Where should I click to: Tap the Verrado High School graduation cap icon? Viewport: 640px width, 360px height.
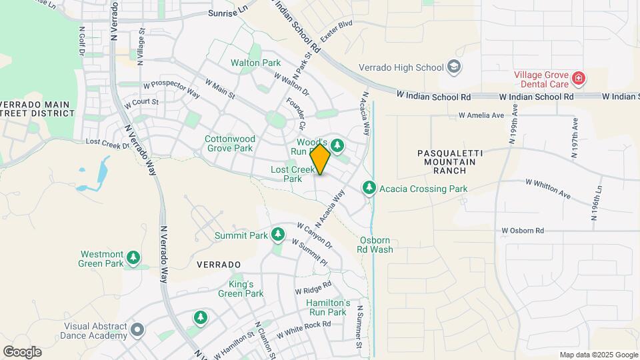[x=454, y=67]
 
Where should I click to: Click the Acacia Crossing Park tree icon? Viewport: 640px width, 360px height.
[x=369, y=189]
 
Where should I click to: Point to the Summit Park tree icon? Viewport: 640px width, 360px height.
[x=278, y=235]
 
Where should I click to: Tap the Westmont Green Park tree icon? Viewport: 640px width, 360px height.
[x=134, y=258]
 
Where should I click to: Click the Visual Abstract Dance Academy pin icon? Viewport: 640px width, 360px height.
[x=137, y=330]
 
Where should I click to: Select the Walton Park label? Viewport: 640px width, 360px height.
[x=255, y=63]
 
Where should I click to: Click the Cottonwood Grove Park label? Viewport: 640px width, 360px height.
[x=229, y=143]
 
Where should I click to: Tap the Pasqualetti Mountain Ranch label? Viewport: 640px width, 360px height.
[x=451, y=162]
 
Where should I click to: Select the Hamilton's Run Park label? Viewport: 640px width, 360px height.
[x=327, y=307]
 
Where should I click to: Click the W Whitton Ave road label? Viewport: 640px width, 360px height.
[x=548, y=188]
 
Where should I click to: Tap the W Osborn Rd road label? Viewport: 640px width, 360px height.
[x=523, y=231]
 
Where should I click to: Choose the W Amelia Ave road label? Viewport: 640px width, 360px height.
[x=481, y=115]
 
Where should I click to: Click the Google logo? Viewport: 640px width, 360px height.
[x=22, y=351]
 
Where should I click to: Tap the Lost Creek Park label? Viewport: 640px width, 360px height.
[x=291, y=174]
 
